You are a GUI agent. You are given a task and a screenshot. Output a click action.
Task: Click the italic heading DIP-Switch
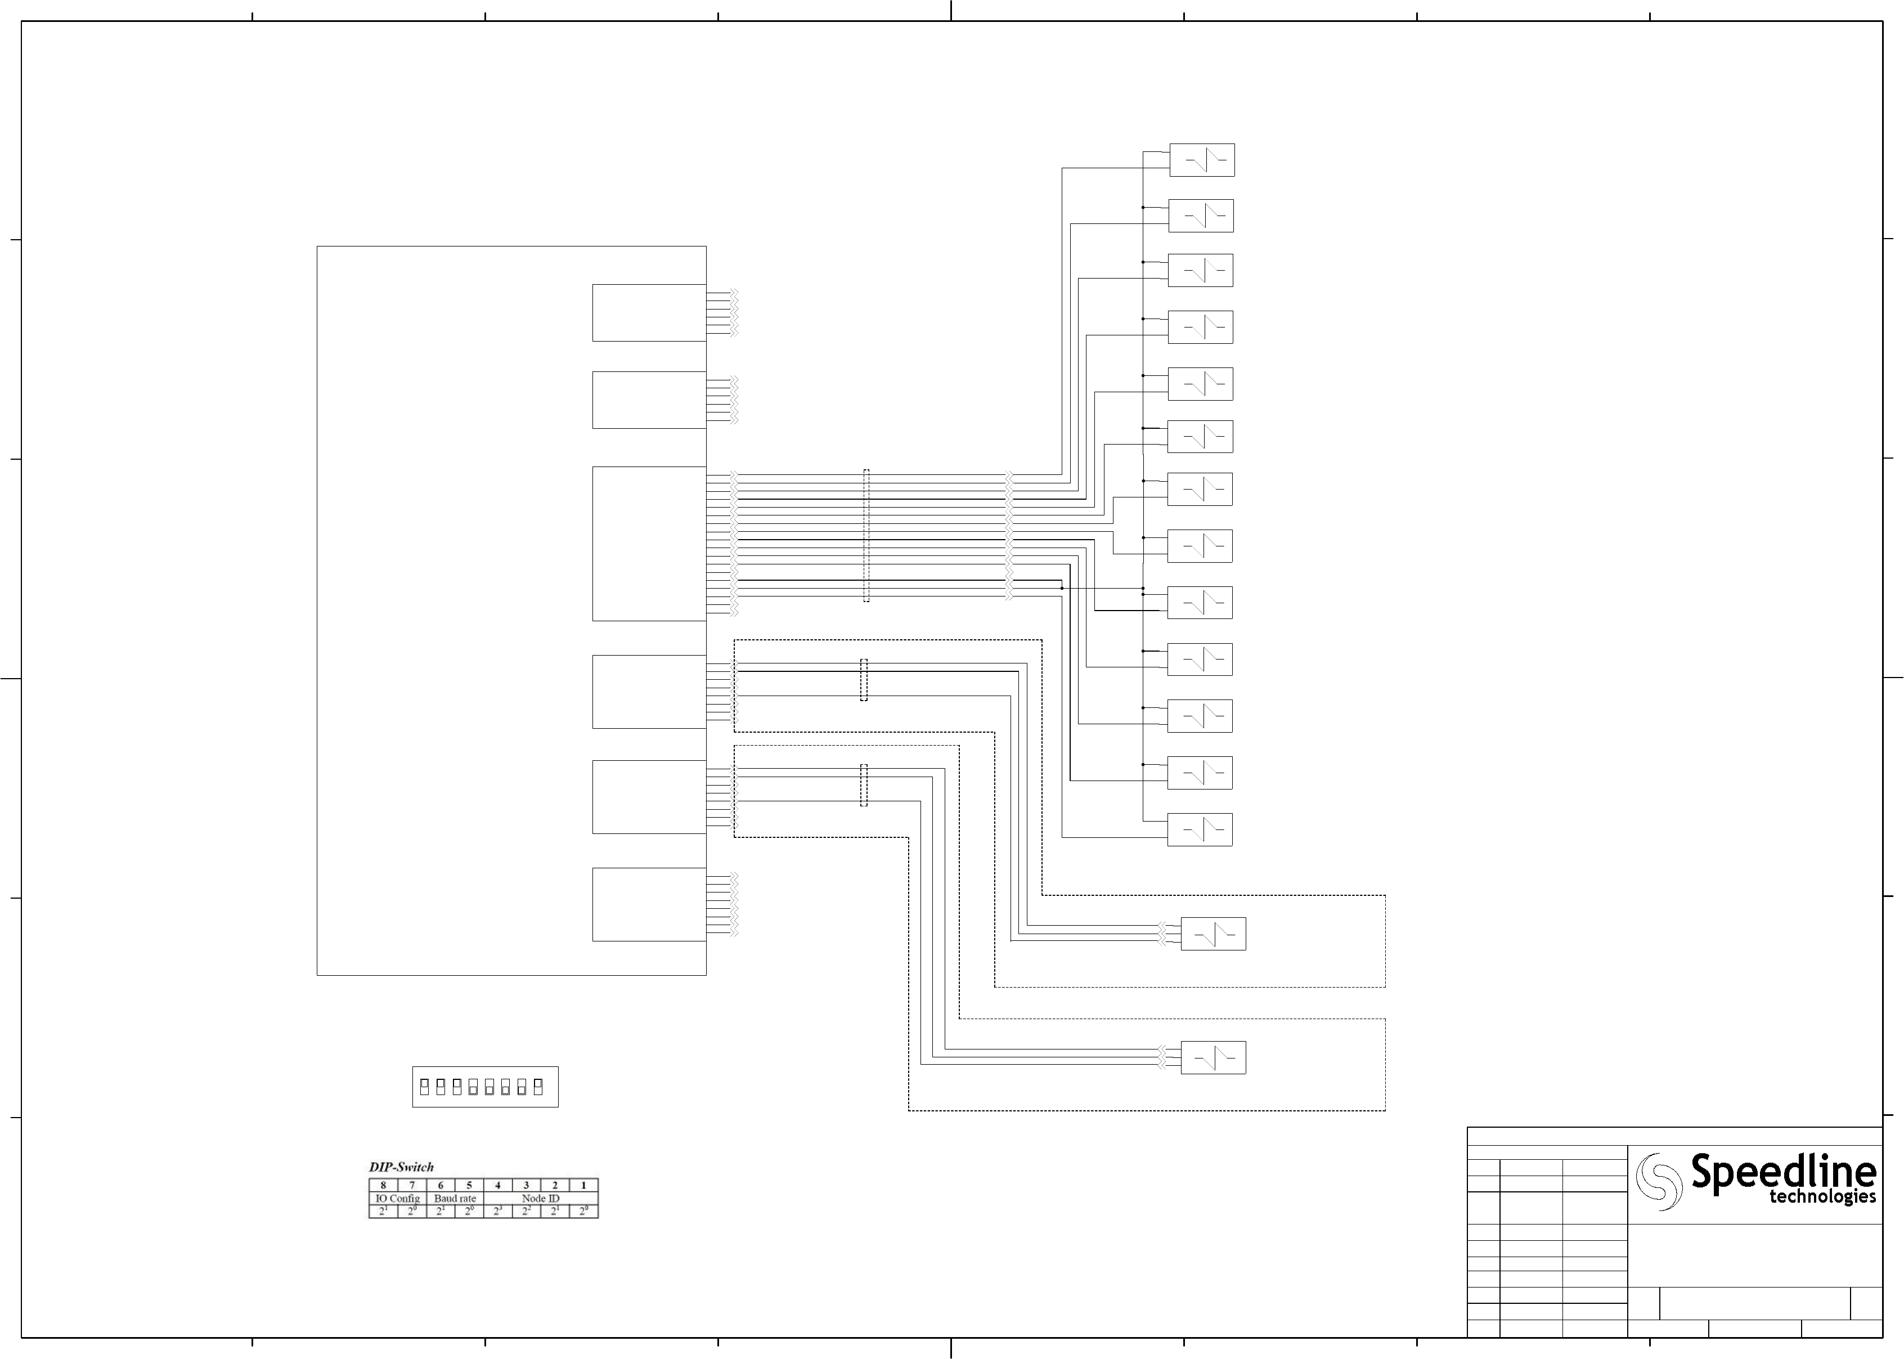point(402,1167)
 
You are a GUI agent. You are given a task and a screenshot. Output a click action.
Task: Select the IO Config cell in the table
point(397,1198)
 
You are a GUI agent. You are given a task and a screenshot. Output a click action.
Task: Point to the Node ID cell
point(540,1198)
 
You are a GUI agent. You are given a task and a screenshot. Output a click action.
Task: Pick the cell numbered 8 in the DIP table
point(383,1185)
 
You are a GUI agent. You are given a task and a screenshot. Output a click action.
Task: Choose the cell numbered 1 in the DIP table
point(583,1185)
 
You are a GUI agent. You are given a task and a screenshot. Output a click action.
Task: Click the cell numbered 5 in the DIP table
point(469,1185)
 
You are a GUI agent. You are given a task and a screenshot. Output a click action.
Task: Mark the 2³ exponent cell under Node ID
point(498,1211)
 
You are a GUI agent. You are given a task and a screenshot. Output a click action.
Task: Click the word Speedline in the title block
point(1782,1172)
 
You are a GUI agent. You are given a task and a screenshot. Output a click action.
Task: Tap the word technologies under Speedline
point(1822,1197)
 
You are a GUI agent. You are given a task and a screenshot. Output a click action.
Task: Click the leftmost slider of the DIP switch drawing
point(424,1087)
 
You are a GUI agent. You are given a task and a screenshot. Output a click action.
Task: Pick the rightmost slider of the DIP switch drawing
point(538,1087)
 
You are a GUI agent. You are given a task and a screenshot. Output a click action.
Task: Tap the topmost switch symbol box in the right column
point(1201,160)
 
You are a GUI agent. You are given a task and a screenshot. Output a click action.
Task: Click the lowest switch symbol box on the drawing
point(1213,1058)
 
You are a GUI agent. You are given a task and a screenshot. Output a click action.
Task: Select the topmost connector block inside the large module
point(649,313)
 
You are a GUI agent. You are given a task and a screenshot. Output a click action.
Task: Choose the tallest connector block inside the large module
point(649,544)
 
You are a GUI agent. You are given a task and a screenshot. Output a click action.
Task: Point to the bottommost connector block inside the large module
point(649,905)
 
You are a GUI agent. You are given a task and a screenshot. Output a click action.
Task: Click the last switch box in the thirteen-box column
point(1200,829)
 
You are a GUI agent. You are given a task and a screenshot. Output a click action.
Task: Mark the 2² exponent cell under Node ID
point(526,1211)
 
